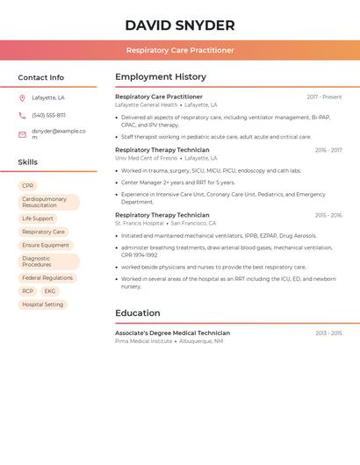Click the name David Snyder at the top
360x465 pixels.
click(x=179, y=25)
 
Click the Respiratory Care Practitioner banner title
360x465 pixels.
click(x=180, y=51)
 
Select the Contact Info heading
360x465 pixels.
click(x=41, y=77)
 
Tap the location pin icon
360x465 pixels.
click(x=22, y=98)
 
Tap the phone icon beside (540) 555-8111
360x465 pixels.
click(x=22, y=115)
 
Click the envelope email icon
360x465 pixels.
click(x=22, y=134)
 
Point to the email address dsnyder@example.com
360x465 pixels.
click(x=58, y=133)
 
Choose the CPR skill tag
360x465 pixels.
click(x=28, y=186)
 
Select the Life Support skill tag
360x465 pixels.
click(x=38, y=218)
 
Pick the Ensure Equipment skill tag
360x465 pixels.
click(x=46, y=246)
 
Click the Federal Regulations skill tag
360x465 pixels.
click(x=47, y=278)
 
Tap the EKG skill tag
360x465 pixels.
click(x=50, y=291)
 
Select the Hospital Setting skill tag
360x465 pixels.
click(x=43, y=304)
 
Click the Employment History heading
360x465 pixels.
click(x=161, y=77)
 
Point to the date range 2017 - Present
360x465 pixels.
click(x=324, y=97)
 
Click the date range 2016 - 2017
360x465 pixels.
click(x=328, y=151)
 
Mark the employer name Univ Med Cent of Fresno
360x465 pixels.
click(x=146, y=158)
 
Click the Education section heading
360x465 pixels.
click(x=138, y=313)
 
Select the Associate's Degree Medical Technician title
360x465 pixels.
click(x=172, y=333)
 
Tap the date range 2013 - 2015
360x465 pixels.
click(x=328, y=333)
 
